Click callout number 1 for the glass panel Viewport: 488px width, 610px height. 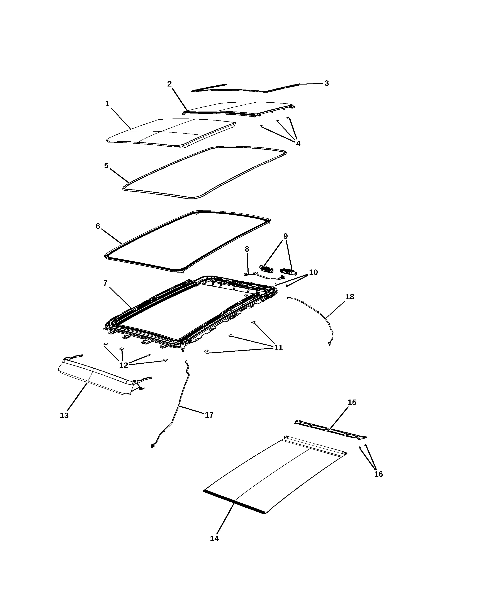tap(107, 104)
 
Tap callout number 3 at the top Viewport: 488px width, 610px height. tap(327, 83)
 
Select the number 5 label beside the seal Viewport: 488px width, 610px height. tap(106, 166)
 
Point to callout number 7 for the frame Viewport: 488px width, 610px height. tap(105, 283)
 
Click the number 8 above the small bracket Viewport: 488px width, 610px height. tap(247, 249)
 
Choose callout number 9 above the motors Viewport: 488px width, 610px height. tap(285, 236)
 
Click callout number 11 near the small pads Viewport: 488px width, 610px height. tap(278, 347)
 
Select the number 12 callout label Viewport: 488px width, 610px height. tap(124, 365)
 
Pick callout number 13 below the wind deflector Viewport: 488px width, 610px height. tap(64, 415)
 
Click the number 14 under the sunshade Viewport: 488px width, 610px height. tap(214, 538)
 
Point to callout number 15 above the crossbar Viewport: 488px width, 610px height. tap(352, 402)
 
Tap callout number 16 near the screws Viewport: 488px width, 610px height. tap(378, 474)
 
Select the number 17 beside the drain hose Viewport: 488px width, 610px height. tap(209, 415)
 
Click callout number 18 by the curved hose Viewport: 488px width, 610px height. tap(350, 297)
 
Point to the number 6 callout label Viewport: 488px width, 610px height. tap(98, 226)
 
